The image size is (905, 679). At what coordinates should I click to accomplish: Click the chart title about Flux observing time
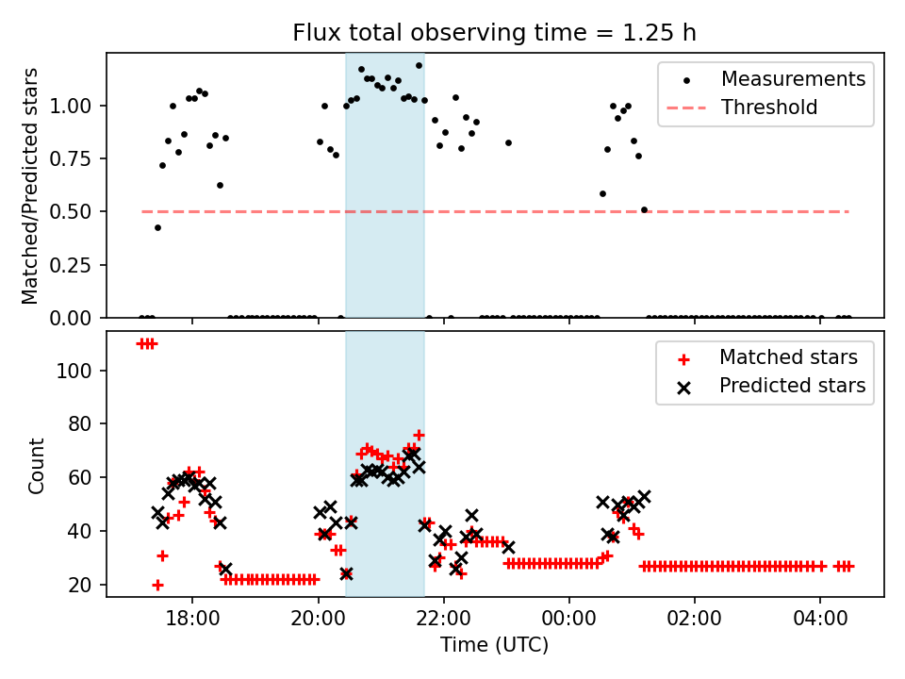(495, 33)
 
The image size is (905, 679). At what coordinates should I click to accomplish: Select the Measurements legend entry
(793, 79)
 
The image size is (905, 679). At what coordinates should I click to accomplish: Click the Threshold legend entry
(769, 108)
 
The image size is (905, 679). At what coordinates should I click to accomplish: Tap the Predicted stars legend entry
(792, 386)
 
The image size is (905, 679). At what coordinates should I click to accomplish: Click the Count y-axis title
(37, 466)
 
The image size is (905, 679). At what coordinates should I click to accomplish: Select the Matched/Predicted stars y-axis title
(30, 186)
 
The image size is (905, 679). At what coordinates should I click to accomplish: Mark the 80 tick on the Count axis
(85, 424)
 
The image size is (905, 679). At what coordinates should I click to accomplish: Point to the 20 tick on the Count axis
(85, 586)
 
